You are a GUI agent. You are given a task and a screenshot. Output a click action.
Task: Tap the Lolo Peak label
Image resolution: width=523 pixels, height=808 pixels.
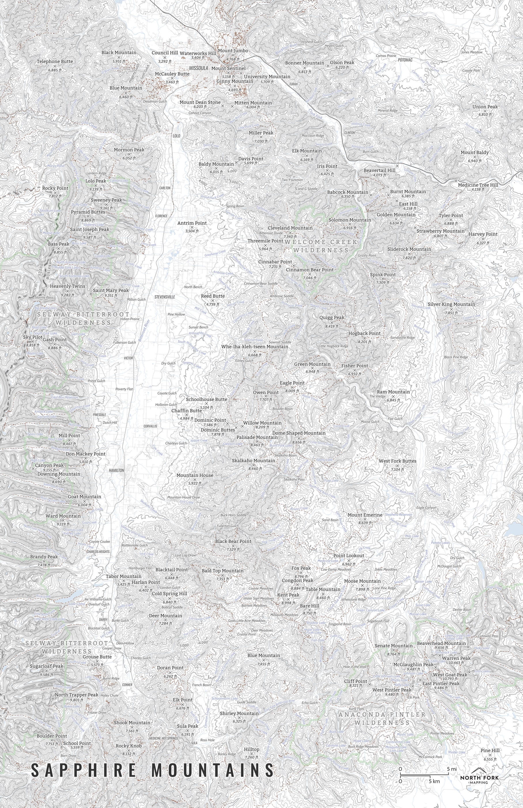coord(96,181)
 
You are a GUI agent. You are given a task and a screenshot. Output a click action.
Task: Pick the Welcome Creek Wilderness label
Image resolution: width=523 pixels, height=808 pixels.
coord(321,246)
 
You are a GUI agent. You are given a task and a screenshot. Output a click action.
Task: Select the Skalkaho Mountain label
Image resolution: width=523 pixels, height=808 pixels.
coord(253,461)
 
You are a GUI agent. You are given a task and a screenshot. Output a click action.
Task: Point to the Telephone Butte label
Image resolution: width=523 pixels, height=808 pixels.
coord(55,62)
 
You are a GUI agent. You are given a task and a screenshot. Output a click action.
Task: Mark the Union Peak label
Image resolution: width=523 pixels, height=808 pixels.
coord(485,107)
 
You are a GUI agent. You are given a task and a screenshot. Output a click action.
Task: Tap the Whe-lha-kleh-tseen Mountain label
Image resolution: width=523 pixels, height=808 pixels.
coord(254,347)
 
